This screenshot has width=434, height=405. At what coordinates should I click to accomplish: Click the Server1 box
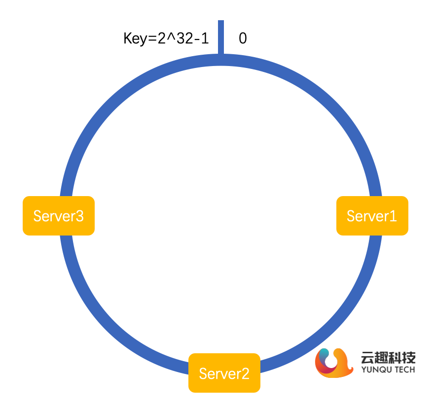(372, 216)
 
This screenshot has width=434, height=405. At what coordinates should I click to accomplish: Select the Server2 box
(224, 373)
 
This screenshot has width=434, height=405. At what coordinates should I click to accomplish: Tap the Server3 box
(58, 216)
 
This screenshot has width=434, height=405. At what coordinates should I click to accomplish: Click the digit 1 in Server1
(393, 216)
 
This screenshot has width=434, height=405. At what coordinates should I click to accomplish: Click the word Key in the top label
(133, 38)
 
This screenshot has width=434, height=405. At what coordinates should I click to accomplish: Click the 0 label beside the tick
(243, 38)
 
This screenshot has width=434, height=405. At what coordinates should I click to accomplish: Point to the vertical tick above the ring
(221, 36)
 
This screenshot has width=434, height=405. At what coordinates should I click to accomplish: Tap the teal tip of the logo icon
(323, 354)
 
